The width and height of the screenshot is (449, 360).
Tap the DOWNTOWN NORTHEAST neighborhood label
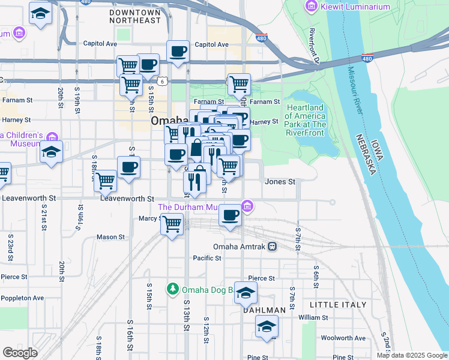point(136,16)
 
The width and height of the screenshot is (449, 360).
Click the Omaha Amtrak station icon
point(272,247)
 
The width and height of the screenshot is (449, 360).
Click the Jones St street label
point(280,181)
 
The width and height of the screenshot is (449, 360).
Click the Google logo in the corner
point(20,352)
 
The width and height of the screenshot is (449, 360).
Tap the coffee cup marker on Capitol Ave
point(177,52)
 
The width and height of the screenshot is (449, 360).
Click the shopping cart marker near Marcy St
point(172,224)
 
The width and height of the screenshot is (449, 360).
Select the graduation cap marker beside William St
point(267,327)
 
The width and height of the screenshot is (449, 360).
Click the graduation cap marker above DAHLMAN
point(245,293)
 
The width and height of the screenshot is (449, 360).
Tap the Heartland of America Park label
point(305,116)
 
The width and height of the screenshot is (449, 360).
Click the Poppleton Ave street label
point(22,298)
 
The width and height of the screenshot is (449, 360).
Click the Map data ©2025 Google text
point(412,355)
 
